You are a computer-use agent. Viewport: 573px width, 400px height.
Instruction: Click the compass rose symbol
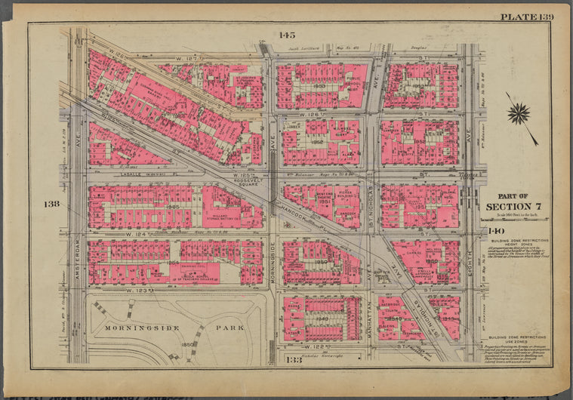coord(519,114)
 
